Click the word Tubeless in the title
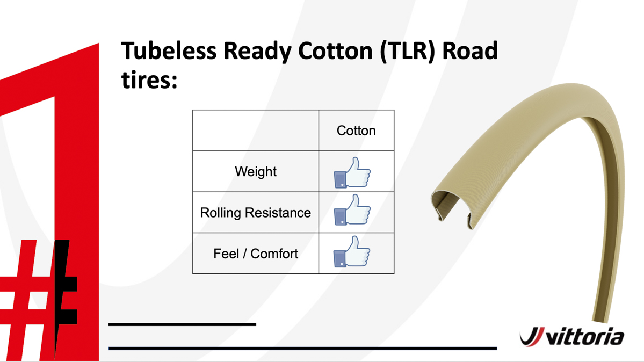tap(169, 51)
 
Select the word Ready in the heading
tap(257, 52)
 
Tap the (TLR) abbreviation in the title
tap(407, 52)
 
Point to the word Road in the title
tap(470, 51)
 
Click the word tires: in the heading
tap(149, 79)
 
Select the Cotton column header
tap(356, 131)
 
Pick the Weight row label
tap(256, 171)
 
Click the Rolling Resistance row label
tap(256, 213)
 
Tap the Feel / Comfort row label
tap(256, 254)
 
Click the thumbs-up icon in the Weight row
tap(352, 172)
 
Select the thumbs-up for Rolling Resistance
tap(352, 210)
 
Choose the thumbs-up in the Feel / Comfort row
tap(352, 251)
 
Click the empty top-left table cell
tap(256, 131)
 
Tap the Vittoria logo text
tap(585, 337)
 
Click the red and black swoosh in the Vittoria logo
tap(532, 337)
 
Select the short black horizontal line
tap(183, 324)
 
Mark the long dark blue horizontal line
tap(303, 349)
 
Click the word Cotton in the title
tap(335, 51)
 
